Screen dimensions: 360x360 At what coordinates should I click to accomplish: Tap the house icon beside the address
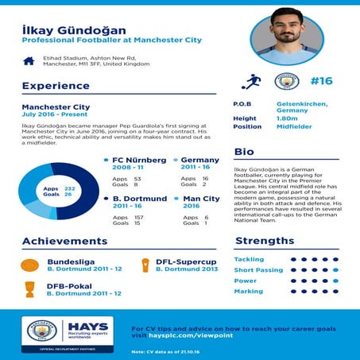[x=29, y=60]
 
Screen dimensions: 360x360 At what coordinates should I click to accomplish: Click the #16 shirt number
[x=321, y=81]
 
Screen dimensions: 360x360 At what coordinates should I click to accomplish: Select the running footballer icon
[x=253, y=81]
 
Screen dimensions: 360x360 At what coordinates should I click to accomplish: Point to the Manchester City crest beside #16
[x=286, y=81]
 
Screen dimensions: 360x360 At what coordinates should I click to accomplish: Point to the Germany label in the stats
[x=199, y=160]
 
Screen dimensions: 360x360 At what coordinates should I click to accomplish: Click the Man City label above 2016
[x=201, y=199]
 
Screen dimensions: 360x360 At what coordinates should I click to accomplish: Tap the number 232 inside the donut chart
[x=68, y=188]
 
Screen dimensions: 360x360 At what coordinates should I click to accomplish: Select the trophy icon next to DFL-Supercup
[x=145, y=265]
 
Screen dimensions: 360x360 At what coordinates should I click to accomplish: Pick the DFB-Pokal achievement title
[x=69, y=285]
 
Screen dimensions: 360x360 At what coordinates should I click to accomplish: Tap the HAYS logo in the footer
[x=87, y=327]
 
